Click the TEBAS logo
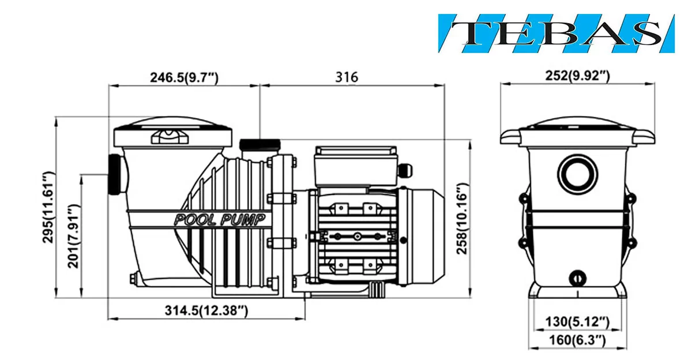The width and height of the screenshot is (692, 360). (556, 33)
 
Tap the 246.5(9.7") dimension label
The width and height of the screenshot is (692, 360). (184, 77)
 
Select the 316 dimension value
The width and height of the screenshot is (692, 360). (347, 77)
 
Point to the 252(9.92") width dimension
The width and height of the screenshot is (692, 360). (577, 76)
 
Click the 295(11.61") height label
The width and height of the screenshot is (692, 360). (48, 207)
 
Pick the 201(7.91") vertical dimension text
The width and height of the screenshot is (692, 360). (74, 236)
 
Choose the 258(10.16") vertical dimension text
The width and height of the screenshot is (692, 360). (462, 219)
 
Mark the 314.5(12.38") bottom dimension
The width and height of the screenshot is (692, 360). (206, 310)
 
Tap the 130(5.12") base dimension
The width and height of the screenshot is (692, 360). (577, 322)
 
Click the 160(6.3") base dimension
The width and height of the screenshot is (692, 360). (577, 340)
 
